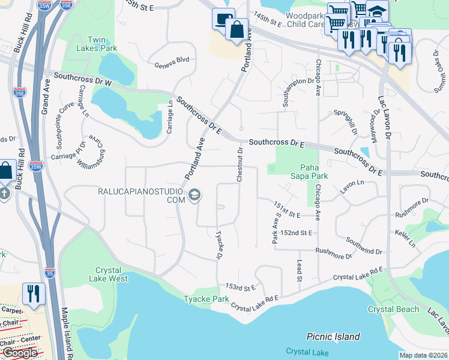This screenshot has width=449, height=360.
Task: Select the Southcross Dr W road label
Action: click(x=82, y=79)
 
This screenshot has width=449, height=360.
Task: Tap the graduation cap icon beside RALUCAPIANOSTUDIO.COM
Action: click(x=194, y=194)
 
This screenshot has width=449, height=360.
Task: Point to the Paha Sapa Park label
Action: click(x=314, y=172)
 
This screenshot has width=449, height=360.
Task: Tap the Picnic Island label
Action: click(x=333, y=337)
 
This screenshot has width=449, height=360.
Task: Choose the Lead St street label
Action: click(x=298, y=271)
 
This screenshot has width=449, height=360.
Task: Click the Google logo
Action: click(x=20, y=352)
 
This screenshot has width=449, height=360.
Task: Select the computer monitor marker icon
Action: click(x=222, y=19)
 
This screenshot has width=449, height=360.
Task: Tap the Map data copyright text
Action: click(x=424, y=355)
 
